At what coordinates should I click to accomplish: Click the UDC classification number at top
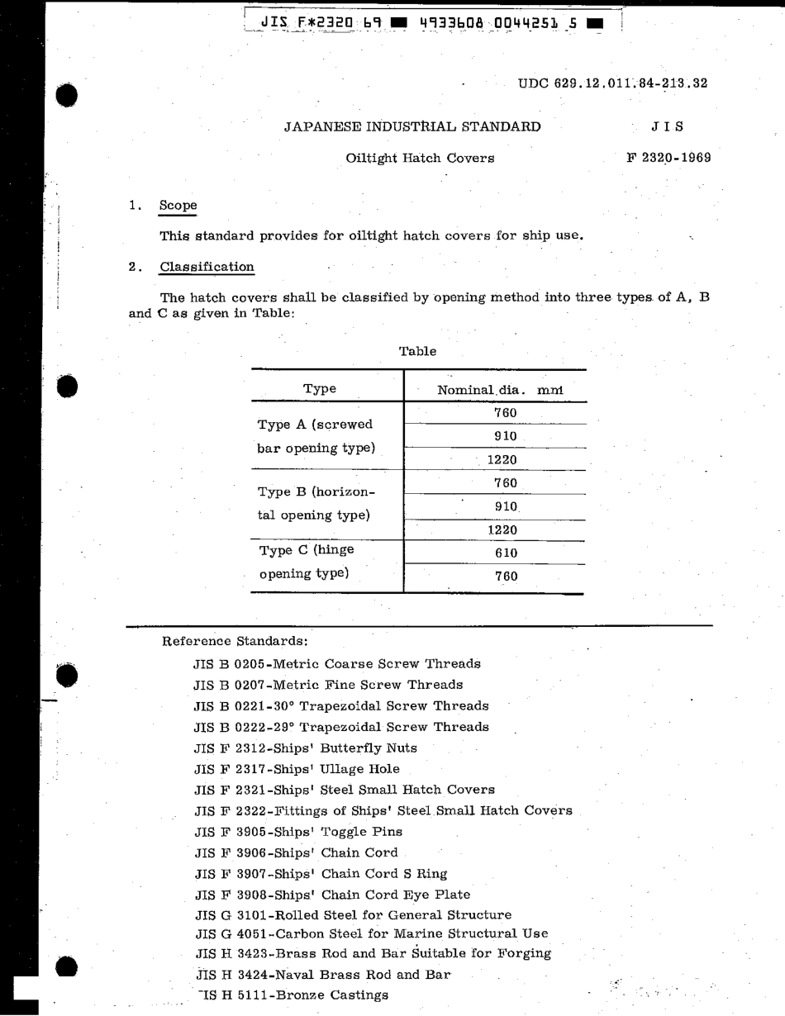[612, 83]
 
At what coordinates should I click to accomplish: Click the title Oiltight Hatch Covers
[420, 158]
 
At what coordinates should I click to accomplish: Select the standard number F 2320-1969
[668, 157]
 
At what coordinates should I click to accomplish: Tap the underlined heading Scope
[178, 206]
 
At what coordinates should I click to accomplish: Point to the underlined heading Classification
[207, 267]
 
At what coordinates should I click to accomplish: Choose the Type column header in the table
[320, 389]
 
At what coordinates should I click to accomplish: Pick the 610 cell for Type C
[506, 553]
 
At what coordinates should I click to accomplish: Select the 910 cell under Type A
[506, 436]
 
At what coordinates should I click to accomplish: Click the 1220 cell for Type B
[502, 530]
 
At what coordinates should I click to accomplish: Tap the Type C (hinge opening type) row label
[307, 562]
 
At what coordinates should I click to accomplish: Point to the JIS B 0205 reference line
[336, 663]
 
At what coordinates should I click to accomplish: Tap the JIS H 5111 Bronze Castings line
[294, 995]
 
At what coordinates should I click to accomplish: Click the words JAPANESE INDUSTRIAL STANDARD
[412, 126]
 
